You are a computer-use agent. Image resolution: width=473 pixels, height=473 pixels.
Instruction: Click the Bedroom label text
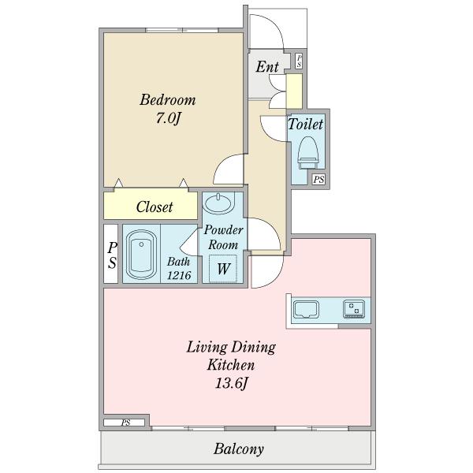(167, 100)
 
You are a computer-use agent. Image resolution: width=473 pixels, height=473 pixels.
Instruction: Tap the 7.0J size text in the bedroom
(168, 118)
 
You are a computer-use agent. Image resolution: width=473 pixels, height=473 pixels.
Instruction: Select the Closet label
(155, 207)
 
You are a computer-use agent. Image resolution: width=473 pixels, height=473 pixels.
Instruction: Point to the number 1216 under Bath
(179, 275)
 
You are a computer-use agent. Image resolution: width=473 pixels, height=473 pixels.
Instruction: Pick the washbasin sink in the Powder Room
(218, 203)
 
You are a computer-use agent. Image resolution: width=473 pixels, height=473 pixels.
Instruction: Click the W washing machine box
(223, 269)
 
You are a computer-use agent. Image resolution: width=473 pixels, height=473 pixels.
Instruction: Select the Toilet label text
(306, 124)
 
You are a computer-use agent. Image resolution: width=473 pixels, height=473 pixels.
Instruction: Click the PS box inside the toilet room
(318, 180)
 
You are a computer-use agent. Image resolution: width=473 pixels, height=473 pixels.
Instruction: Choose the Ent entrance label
(267, 67)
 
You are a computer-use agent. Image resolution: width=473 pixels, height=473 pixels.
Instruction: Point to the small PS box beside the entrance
(299, 61)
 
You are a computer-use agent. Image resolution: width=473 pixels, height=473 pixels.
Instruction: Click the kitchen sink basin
(306, 309)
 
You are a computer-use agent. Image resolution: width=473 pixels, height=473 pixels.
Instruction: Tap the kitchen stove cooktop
(354, 310)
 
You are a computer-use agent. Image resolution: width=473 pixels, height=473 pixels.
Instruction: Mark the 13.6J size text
(232, 383)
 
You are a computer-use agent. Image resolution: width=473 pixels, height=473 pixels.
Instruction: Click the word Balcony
(239, 449)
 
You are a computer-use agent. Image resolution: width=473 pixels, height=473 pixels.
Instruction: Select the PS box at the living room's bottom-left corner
(125, 423)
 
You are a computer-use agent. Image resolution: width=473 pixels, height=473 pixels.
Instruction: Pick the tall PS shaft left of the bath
(110, 254)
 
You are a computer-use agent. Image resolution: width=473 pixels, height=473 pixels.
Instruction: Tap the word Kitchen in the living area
(231, 365)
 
